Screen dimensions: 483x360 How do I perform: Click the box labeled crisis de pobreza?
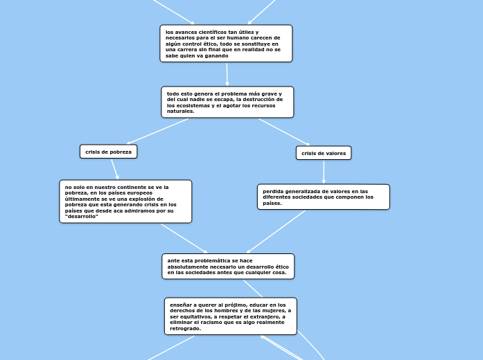tap(108, 151)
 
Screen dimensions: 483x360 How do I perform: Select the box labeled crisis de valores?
tap(324, 152)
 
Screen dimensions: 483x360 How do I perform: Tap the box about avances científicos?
tap(226, 43)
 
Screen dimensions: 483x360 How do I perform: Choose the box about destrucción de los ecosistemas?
tap(227, 102)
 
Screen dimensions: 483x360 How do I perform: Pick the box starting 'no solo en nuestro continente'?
tap(125, 201)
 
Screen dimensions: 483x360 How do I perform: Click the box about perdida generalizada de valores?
tap(323, 197)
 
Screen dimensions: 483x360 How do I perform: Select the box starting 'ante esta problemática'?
tap(228, 267)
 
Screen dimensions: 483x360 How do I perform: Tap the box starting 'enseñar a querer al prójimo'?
tap(230, 316)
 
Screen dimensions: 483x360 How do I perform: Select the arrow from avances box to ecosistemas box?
tap(227, 74)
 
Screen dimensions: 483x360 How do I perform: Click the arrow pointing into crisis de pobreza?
tap(158, 131)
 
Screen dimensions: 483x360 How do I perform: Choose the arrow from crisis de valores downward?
tap(324, 172)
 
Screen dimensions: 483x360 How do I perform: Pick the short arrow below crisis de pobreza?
tap(114, 169)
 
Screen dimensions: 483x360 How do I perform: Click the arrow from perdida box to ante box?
tap(276, 232)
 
